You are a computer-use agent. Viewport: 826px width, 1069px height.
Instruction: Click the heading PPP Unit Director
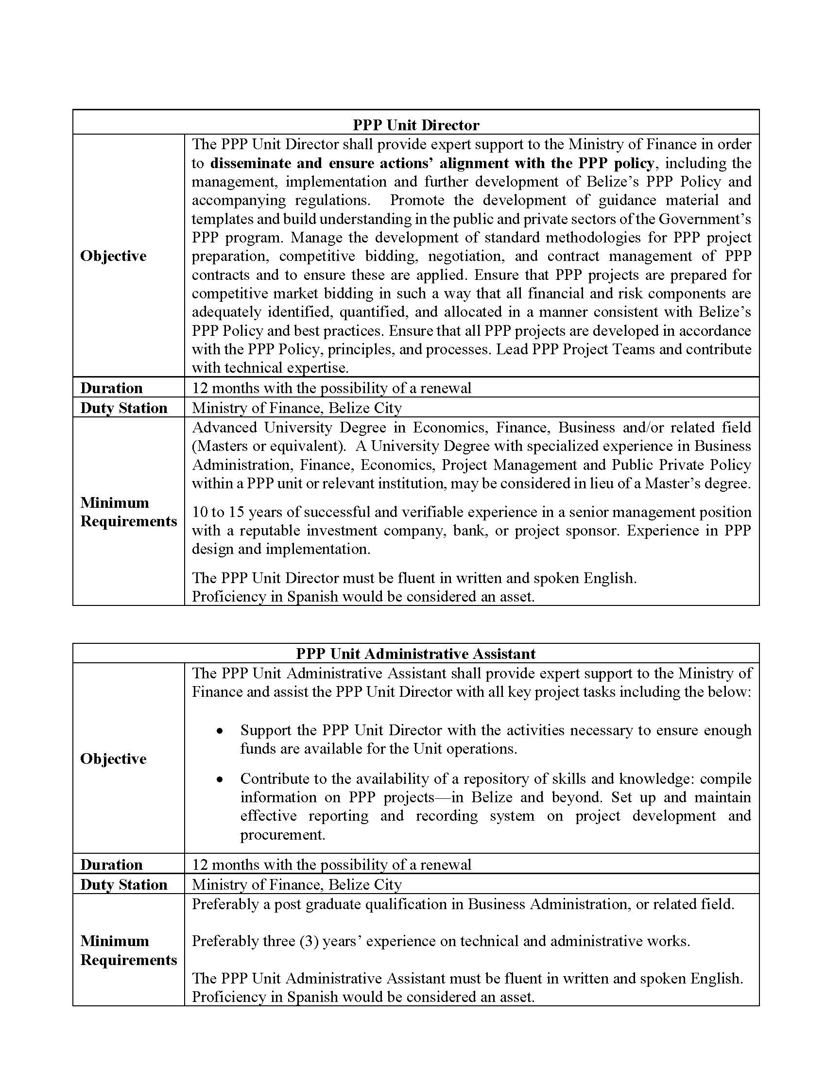[416, 125]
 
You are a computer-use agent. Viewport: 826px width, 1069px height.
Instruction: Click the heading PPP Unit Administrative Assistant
[416, 654]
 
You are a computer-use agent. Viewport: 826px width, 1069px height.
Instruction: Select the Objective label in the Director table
[113, 256]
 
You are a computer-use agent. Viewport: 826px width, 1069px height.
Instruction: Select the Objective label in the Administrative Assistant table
[113, 759]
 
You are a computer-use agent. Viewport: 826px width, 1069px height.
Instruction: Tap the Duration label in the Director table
[112, 388]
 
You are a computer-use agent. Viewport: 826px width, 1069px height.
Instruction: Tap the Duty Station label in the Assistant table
[124, 884]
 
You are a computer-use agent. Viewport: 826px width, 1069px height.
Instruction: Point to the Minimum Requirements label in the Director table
[128, 512]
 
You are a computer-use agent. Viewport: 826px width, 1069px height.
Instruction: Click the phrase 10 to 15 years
[224, 512]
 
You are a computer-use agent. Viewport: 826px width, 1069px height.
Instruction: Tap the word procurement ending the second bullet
[282, 834]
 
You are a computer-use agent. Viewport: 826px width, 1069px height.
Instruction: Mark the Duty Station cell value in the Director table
[296, 408]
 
